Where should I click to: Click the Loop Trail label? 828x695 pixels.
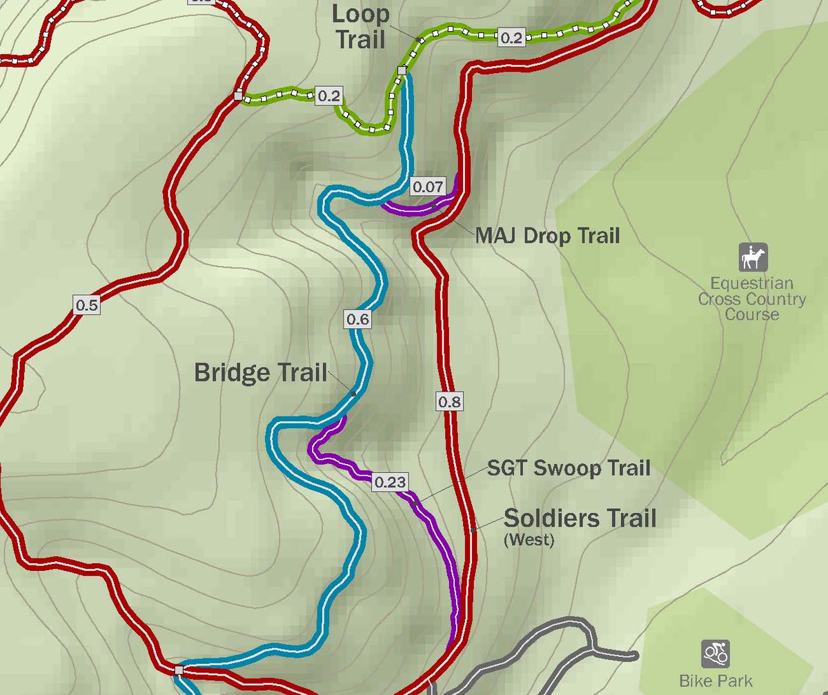tap(360, 26)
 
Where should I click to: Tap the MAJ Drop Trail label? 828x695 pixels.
tap(547, 236)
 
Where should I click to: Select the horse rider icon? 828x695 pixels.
tap(753, 257)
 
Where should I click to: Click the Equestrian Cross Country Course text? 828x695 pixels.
tap(751, 299)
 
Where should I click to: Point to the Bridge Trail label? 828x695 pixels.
tap(260, 372)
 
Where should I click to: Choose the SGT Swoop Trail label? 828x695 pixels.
tap(569, 468)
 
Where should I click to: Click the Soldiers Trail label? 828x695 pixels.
tap(580, 517)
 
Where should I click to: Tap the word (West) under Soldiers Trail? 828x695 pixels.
tap(529, 540)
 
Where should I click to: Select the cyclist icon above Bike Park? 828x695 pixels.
tap(716, 653)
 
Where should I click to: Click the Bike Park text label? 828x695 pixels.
tap(716, 681)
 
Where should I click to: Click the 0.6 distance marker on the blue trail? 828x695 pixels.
tap(358, 319)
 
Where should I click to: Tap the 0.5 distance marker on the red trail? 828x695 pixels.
tap(87, 305)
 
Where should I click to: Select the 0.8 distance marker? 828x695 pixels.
tap(449, 401)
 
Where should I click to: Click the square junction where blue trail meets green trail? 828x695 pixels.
tap(402, 70)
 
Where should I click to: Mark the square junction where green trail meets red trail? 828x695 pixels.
tap(238, 96)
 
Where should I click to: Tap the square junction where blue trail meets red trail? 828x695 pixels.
tap(179, 669)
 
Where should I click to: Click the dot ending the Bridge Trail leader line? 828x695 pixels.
tap(353, 394)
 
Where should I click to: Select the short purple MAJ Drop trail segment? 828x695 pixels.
tap(414, 209)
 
